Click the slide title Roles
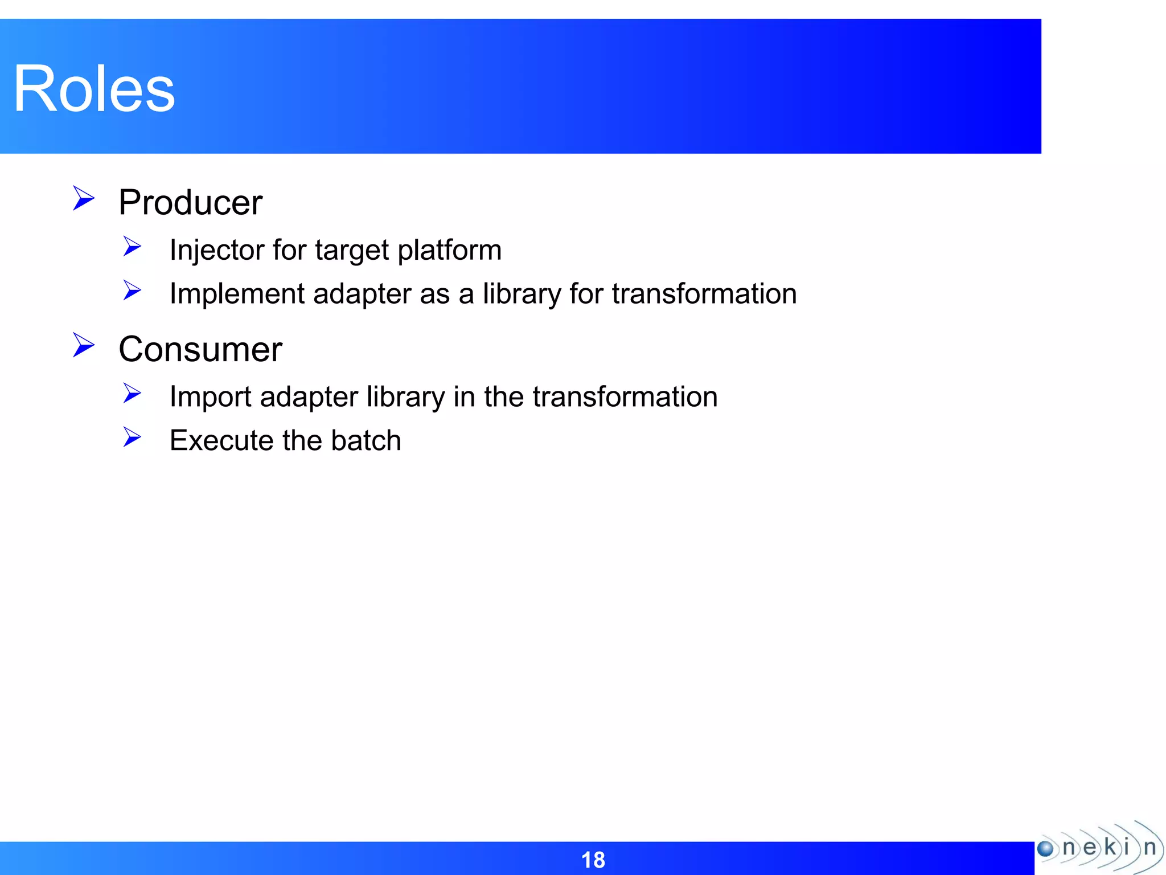pyautogui.click(x=94, y=89)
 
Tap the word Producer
pyautogui.click(x=190, y=203)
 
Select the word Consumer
pyautogui.click(x=200, y=349)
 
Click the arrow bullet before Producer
pyautogui.click(x=83, y=199)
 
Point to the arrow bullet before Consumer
pyautogui.click(x=83, y=345)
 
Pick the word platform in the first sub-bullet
pyautogui.click(x=449, y=251)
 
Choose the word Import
pyautogui.click(x=210, y=397)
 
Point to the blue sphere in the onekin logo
pyautogui.click(x=1045, y=849)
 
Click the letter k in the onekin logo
pyautogui.click(x=1109, y=847)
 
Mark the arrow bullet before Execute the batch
pyautogui.click(x=132, y=437)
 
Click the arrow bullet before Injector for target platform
pyautogui.click(x=132, y=247)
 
